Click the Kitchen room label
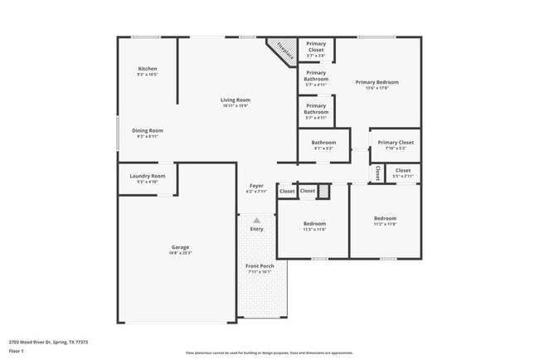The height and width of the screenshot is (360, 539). [148, 69]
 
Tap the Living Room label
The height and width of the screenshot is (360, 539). [236, 100]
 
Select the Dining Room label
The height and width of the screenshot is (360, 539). [148, 130]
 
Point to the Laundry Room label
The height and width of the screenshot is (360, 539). [148, 176]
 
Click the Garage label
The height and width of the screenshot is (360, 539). [181, 247]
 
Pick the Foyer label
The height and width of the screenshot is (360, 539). [256, 185]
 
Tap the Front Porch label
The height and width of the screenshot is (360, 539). [260, 266]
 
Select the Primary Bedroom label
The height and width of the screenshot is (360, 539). [377, 82]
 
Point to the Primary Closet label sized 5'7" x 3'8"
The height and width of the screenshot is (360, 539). [316, 46]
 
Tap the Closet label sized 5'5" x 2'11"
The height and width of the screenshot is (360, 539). [403, 171]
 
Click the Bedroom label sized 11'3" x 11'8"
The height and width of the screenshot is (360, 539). [314, 223]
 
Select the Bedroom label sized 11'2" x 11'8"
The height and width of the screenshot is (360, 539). [385, 219]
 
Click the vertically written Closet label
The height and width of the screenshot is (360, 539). [377, 173]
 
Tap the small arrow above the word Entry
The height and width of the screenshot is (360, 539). [257, 220]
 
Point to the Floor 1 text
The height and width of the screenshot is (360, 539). [17, 351]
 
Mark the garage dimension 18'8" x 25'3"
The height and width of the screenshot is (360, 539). [181, 253]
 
